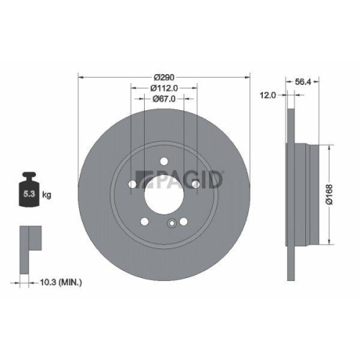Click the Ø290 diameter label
click(164, 76)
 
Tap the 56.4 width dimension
click(303, 82)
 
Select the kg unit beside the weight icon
click(47, 194)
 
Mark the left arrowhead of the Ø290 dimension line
click(80, 76)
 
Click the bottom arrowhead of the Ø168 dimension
click(329, 242)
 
